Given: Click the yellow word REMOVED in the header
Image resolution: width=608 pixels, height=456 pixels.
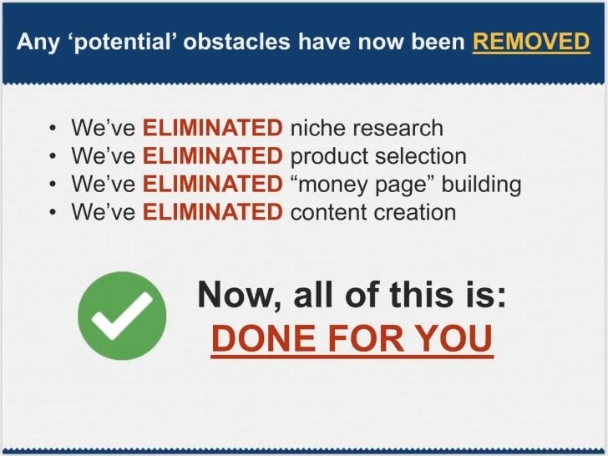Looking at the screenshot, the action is click(531, 41).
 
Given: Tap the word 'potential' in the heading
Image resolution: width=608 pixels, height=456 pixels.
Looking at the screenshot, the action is click(122, 42).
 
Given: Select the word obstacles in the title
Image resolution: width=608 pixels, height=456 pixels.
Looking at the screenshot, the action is click(236, 41).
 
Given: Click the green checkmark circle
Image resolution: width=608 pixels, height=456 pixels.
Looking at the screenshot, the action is click(122, 316).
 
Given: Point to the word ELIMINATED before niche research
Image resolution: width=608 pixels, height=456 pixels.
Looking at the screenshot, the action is click(213, 128).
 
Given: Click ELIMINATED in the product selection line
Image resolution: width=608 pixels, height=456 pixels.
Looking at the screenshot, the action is click(213, 156).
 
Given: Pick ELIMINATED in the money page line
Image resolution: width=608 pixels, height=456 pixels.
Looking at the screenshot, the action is click(213, 184).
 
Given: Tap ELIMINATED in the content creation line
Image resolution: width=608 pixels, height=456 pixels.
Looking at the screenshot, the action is click(213, 212).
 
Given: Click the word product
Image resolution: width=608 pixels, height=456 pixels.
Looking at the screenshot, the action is click(329, 157).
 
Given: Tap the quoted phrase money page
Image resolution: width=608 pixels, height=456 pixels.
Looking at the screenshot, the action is click(363, 185).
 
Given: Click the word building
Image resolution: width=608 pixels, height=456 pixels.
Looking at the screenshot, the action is click(482, 185).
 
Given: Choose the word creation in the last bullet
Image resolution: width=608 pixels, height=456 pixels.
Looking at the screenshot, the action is click(415, 212).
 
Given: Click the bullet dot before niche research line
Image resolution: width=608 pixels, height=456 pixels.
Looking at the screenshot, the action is click(53, 129).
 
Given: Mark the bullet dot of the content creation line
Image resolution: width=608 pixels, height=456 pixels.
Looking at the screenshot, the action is click(53, 212).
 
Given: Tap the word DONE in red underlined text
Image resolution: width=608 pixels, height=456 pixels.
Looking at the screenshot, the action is click(264, 338).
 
